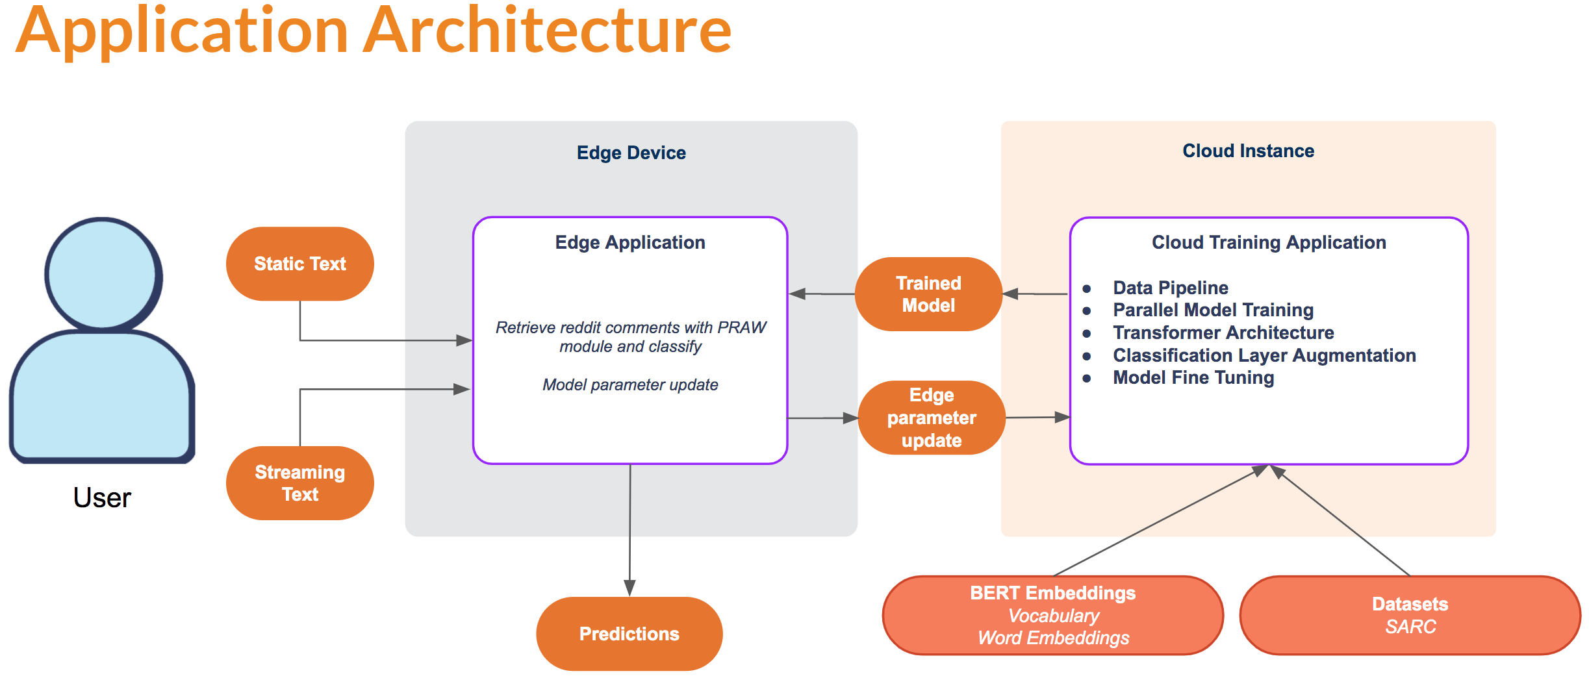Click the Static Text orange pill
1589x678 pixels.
(x=299, y=264)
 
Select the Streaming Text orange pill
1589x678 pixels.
(x=299, y=483)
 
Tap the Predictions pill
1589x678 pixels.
(x=629, y=634)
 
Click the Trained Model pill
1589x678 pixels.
(x=928, y=294)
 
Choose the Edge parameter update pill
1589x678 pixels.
(x=932, y=418)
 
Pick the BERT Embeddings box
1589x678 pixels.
(x=1052, y=615)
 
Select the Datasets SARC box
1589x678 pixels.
(x=1410, y=615)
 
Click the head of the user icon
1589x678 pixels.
(x=103, y=273)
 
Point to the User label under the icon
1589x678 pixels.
(x=102, y=498)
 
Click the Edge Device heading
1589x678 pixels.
(x=631, y=153)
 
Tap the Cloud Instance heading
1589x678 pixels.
(x=1248, y=151)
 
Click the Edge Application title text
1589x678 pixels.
(x=629, y=242)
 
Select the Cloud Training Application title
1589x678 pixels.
(x=1269, y=242)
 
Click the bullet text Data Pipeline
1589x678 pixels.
(x=1170, y=288)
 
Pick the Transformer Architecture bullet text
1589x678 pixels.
(x=1223, y=333)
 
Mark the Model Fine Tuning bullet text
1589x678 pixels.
(x=1193, y=377)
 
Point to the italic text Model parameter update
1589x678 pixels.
(x=630, y=384)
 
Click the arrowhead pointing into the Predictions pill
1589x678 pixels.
(x=629, y=588)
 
